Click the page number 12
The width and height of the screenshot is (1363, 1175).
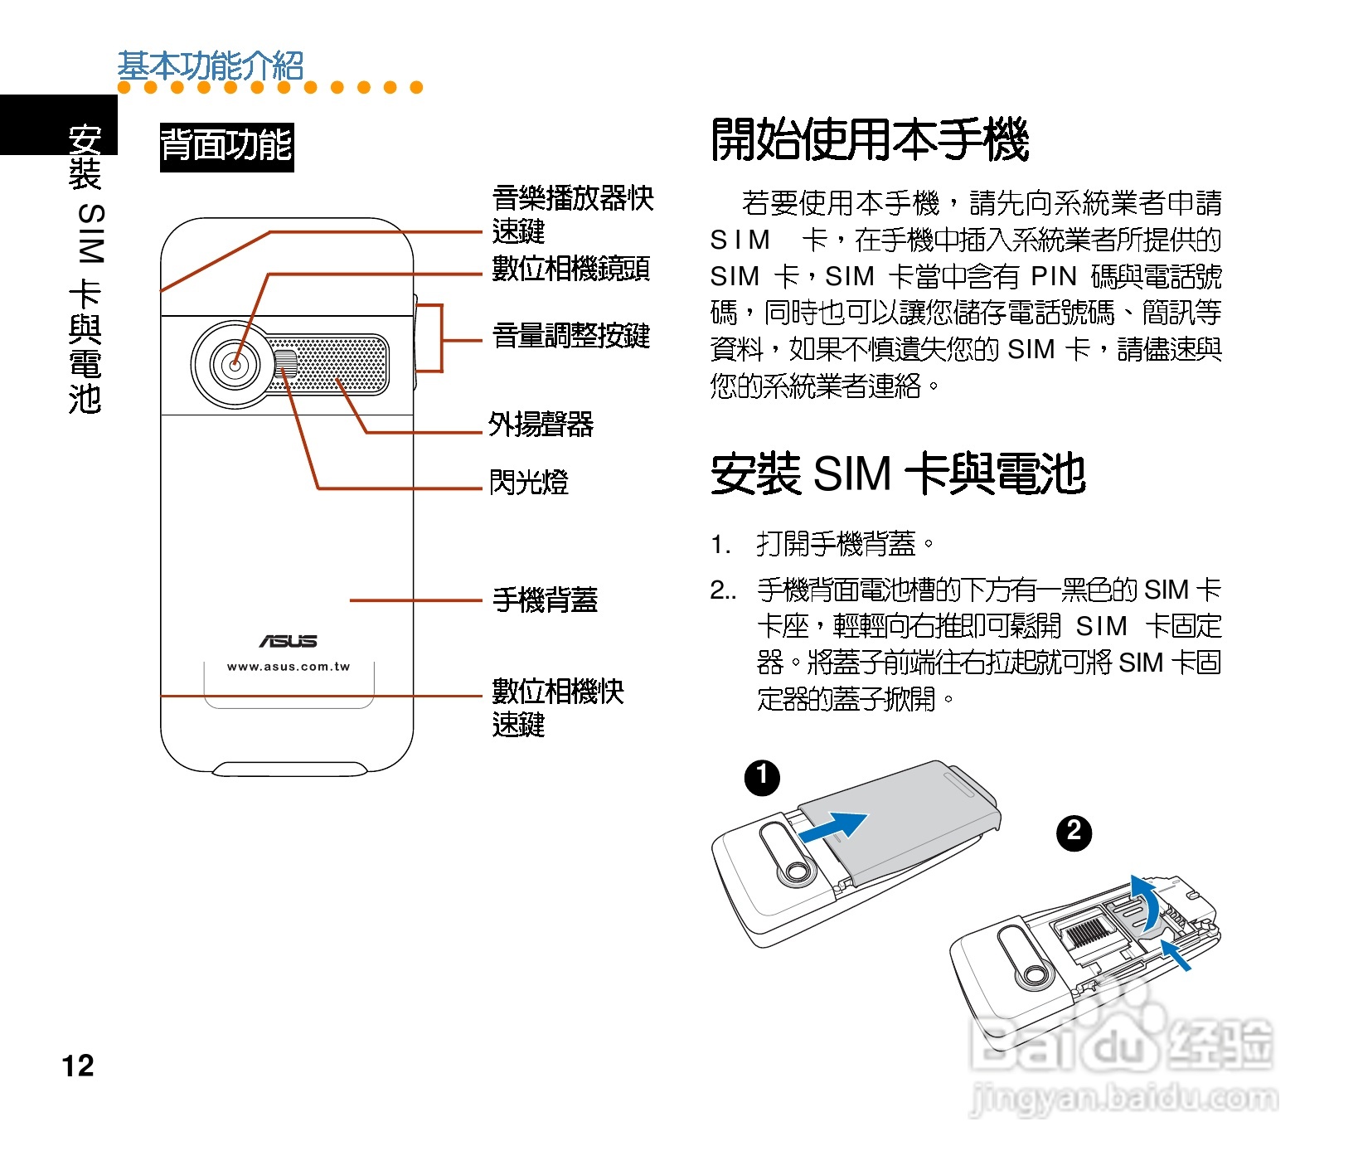tap(78, 1066)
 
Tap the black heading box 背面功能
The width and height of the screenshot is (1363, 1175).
tap(226, 147)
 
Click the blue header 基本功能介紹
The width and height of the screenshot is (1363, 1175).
tap(211, 65)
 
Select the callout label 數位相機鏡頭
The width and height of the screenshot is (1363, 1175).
tap(570, 269)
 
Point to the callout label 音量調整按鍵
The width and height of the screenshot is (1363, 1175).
tap(570, 337)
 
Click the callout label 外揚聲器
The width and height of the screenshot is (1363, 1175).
tap(541, 425)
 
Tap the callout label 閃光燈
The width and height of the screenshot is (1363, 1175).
tap(528, 482)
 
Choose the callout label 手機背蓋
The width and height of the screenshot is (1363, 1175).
tap(545, 600)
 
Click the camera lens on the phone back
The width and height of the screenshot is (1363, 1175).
tap(235, 364)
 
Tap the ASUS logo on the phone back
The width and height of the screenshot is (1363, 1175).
tap(288, 641)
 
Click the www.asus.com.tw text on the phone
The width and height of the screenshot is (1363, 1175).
tap(289, 667)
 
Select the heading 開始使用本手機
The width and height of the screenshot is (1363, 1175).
tap(870, 139)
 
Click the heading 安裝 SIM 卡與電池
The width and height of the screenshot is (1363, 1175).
tap(898, 474)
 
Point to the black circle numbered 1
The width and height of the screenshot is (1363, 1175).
tap(762, 778)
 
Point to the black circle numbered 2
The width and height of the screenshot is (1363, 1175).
tap(1074, 832)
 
